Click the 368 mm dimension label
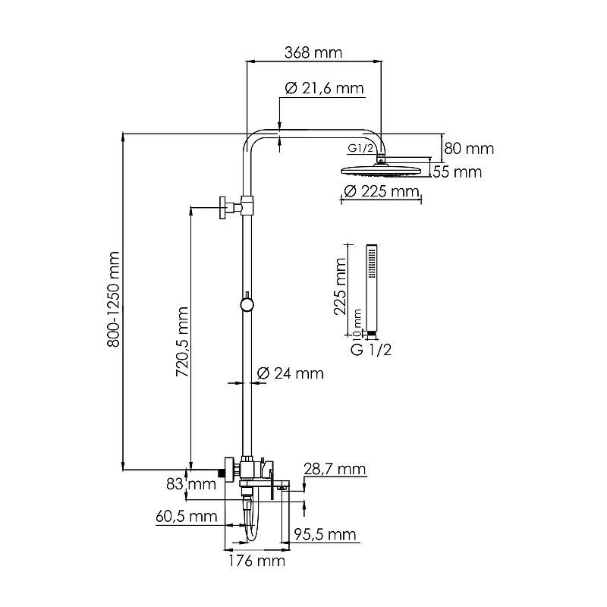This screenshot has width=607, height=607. coord(313,53)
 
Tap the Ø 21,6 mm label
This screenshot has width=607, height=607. coord(324,89)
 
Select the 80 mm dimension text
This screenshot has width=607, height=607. coord(469,149)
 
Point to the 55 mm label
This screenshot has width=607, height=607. coord(458,172)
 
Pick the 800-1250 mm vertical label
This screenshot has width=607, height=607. coord(114,299)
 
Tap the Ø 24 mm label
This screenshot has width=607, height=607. coord(290,373)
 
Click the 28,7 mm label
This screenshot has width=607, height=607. coord(335,470)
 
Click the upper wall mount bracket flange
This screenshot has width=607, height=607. coord(224,206)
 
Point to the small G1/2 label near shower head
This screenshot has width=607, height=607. coord(361,148)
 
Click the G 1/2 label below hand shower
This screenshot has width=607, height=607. coord(370,350)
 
